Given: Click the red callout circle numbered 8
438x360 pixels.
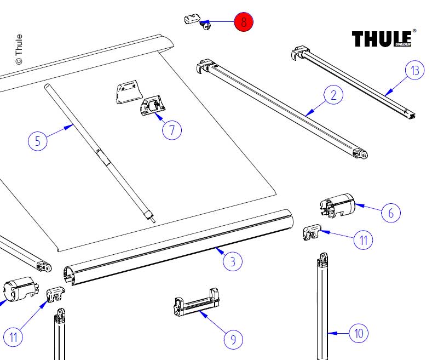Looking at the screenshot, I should point(244,22).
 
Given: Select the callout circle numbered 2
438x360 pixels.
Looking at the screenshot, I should point(333,95).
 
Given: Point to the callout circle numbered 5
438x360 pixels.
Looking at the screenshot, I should point(38,141).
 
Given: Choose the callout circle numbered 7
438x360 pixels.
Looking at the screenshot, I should point(172,130).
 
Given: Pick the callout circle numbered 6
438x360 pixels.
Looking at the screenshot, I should point(390,213).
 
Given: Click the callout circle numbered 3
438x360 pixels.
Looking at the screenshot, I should point(233,261).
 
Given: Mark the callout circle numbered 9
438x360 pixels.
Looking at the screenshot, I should point(233,339).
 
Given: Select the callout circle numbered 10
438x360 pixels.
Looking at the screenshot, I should point(358,333).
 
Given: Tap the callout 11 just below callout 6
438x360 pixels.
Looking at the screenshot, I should point(362,239).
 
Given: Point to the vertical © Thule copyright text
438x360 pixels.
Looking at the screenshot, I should point(19,49).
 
